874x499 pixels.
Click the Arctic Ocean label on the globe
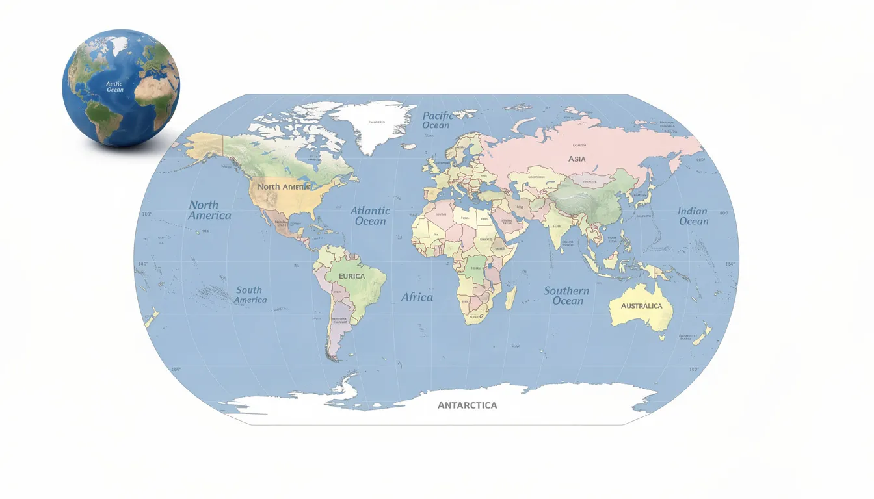click(x=115, y=86)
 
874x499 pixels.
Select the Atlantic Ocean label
click(x=370, y=216)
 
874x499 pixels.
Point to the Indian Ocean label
click(x=693, y=216)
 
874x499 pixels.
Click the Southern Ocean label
click(x=567, y=296)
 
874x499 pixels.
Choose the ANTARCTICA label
click(x=467, y=405)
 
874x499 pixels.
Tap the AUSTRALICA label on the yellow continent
click(x=641, y=306)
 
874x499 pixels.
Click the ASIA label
click(x=577, y=159)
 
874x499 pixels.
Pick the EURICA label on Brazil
click(x=352, y=276)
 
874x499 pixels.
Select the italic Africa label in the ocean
click(x=417, y=297)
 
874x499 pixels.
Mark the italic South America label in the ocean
click(x=250, y=295)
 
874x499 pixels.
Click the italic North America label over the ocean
click(x=209, y=210)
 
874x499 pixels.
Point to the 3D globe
click(x=121, y=87)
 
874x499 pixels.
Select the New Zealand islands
click(x=702, y=335)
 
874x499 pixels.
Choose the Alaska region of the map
click(x=203, y=146)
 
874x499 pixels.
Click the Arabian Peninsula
click(x=510, y=220)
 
